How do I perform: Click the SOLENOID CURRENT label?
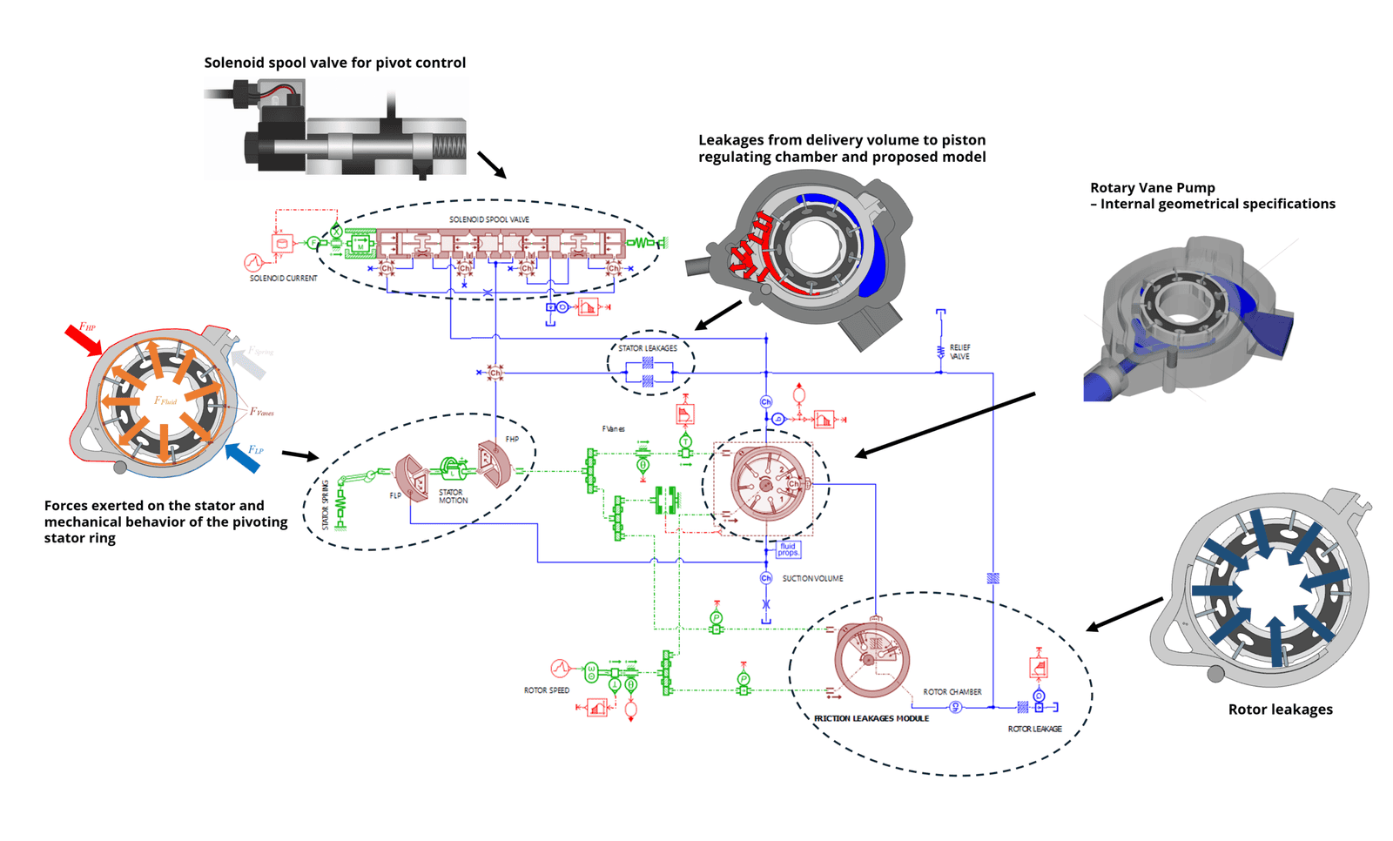click(x=283, y=279)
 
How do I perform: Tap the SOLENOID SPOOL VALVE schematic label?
click(x=488, y=220)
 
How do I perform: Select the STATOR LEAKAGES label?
click(x=647, y=348)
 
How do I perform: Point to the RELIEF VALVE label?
click(x=959, y=352)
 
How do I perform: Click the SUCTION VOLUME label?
click(x=812, y=578)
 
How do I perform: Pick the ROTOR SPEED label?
click(x=546, y=690)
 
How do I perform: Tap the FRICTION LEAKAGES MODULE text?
click(x=871, y=719)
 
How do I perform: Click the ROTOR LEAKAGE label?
click(x=1034, y=729)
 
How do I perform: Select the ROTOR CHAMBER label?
click(x=952, y=692)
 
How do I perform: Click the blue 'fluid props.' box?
click(x=788, y=549)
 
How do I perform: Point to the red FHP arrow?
click(x=84, y=340)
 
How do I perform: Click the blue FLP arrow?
click(x=243, y=458)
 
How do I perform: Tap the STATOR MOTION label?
click(x=453, y=496)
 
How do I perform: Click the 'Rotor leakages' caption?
click(x=1280, y=710)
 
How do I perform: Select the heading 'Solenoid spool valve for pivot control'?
click(x=334, y=63)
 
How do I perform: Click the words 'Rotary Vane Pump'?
click(x=1152, y=188)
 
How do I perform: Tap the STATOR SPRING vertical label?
click(x=326, y=505)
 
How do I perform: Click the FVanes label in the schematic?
click(x=613, y=429)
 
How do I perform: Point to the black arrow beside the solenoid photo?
click(x=491, y=165)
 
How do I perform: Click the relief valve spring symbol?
click(x=940, y=352)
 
